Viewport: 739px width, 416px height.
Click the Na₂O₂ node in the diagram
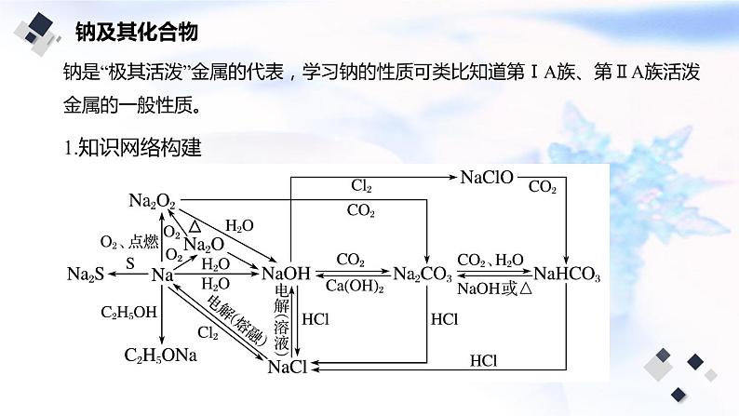coord(153,201)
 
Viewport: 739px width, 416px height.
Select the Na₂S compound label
coord(87,275)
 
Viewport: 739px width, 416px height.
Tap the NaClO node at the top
coord(487,177)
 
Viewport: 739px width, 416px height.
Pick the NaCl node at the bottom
coord(287,367)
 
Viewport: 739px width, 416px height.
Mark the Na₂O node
coord(204,244)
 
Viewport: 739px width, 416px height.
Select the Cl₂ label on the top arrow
coord(361,186)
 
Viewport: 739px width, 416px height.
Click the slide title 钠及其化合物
coord(135,33)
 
